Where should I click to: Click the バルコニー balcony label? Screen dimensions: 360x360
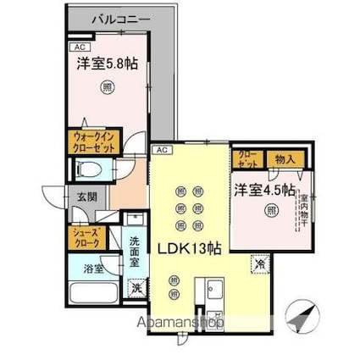click(105, 18)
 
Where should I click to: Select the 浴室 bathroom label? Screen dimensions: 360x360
click(92, 269)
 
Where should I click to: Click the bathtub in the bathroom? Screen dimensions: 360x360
click(92, 297)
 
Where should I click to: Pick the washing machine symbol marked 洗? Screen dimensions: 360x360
click(136, 287)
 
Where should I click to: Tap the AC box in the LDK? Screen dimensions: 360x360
click(162, 150)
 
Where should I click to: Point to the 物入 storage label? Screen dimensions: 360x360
click(285, 158)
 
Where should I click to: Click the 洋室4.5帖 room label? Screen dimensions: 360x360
click(264, 189)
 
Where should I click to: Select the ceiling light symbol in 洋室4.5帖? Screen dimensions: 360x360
click(270, 210)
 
